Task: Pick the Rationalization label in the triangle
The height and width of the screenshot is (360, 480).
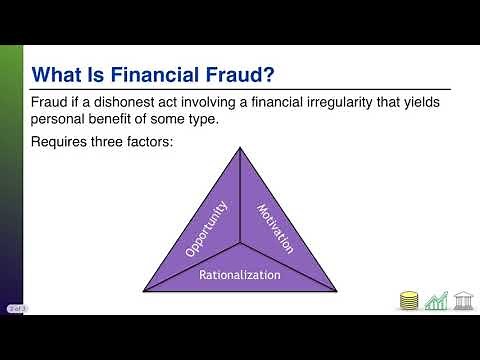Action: click(x=240, y=272)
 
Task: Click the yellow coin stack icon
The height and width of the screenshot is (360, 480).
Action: click(x=407, y=300)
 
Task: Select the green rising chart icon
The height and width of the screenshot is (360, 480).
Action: click(x=436, y=300)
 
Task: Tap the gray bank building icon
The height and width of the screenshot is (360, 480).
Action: click(x=464, y=300)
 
